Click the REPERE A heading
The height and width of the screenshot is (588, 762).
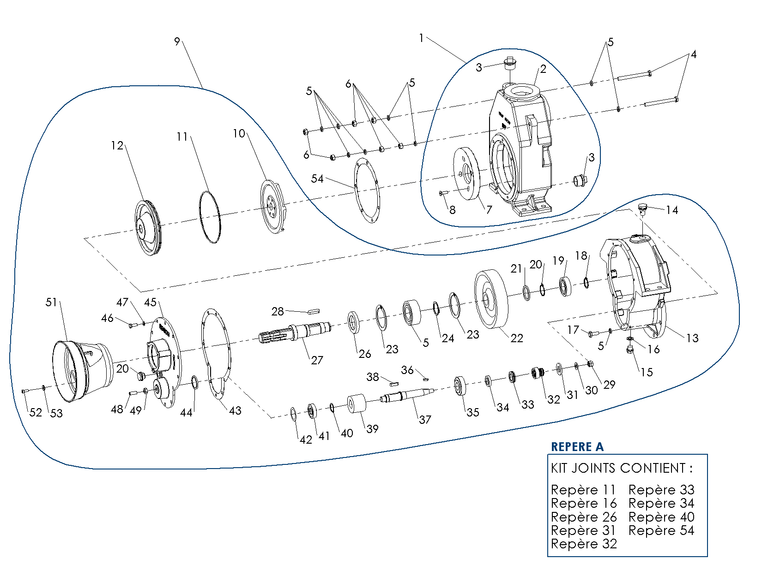577,446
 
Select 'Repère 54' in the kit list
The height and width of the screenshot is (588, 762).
661,530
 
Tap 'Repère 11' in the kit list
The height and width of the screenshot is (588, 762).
583,490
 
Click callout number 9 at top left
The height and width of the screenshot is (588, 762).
177,42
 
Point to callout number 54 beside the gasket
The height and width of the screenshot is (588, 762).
317,178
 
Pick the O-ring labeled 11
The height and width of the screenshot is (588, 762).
210,217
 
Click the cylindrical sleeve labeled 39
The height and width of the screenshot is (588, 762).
356,404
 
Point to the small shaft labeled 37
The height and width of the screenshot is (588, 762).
406,395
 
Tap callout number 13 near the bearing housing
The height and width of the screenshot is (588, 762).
692,338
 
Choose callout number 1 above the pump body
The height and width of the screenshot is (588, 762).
421,38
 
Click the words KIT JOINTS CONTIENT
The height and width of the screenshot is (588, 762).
621,469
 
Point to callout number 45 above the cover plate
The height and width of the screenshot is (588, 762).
150,302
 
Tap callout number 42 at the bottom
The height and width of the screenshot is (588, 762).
306,440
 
